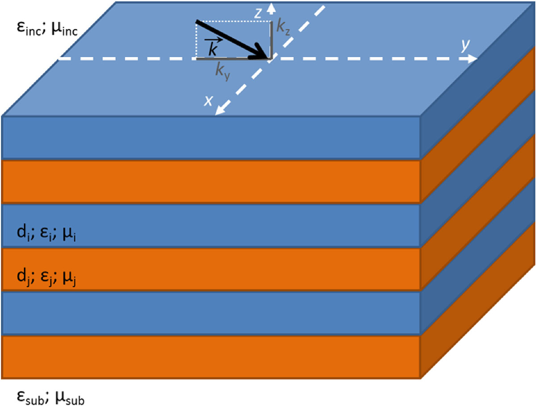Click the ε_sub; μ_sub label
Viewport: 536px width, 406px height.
(46, 395)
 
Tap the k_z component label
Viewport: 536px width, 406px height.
(281, 28)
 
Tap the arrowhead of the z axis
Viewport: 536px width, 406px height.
(270, 6)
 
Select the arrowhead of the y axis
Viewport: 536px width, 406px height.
(473, 58)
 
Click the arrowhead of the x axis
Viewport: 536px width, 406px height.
(219, 111)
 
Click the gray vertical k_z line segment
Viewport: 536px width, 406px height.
(271, 39)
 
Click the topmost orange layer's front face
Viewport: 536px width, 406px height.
(210, 181)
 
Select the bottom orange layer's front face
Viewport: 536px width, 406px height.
(210, 357)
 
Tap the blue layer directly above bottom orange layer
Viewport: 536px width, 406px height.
(210, 312)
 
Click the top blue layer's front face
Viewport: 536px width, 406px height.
(210, 137)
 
